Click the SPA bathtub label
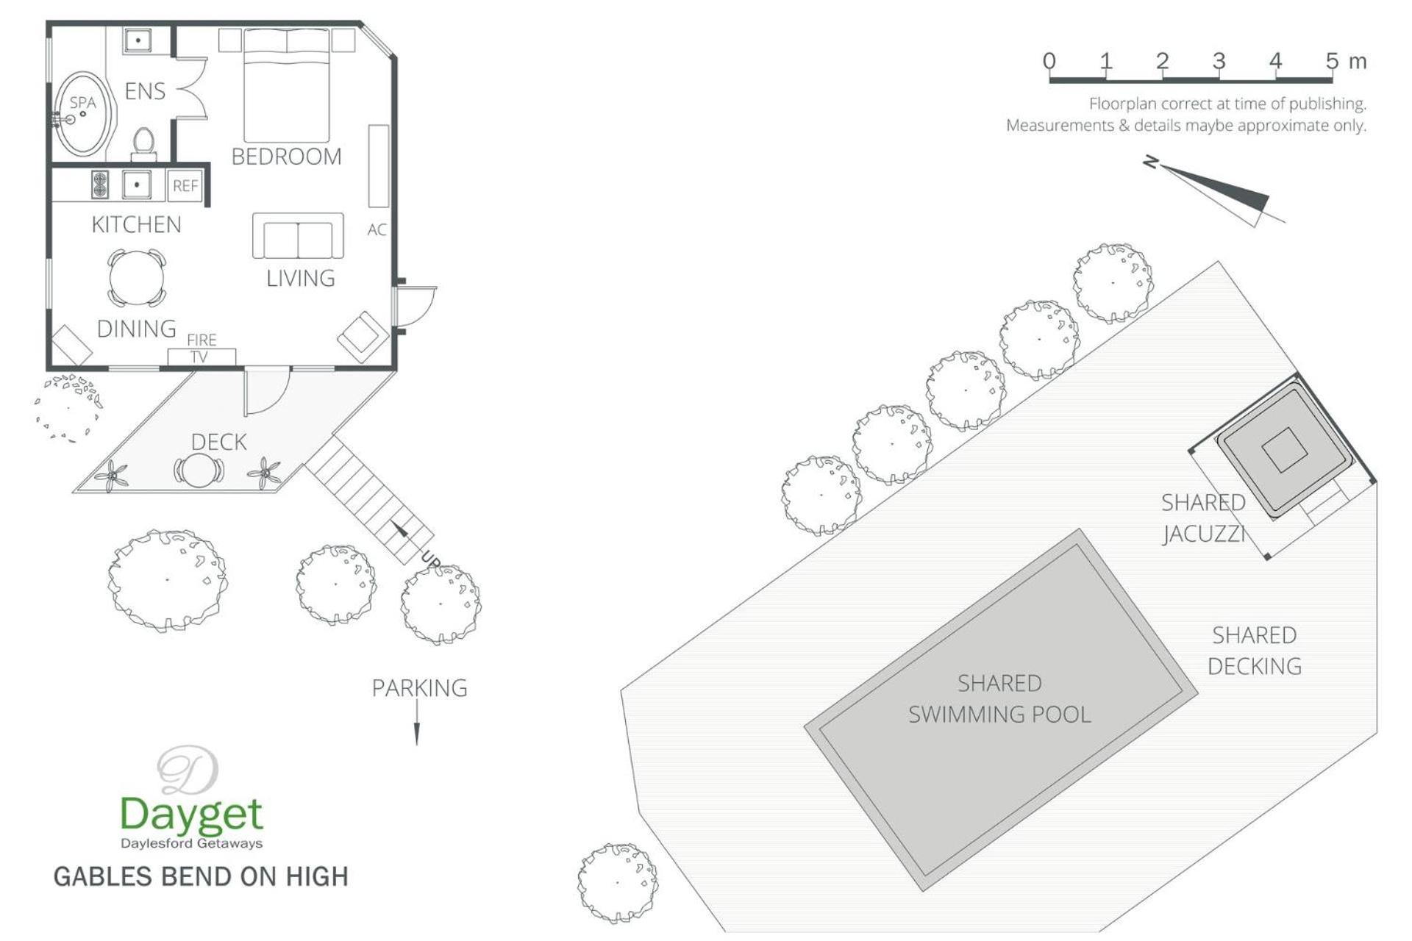pos(83,102)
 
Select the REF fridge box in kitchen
pos(185,186)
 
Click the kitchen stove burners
pos(100,185)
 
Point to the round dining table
pos(137,278)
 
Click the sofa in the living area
pos(298,236)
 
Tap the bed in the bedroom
pos(286,85)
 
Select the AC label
pos(377,230)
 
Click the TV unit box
pos(202,357)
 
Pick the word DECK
pos(219,442)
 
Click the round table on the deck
pos(199,470)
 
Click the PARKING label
pos(419,688)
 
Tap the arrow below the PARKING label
pos(417,722)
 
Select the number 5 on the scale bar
pos(1332,61)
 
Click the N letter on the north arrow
pos(1151,162)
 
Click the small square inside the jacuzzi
pos(1285,449)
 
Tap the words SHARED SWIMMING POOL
pos(999,699)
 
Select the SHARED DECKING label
pos(1255,651)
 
